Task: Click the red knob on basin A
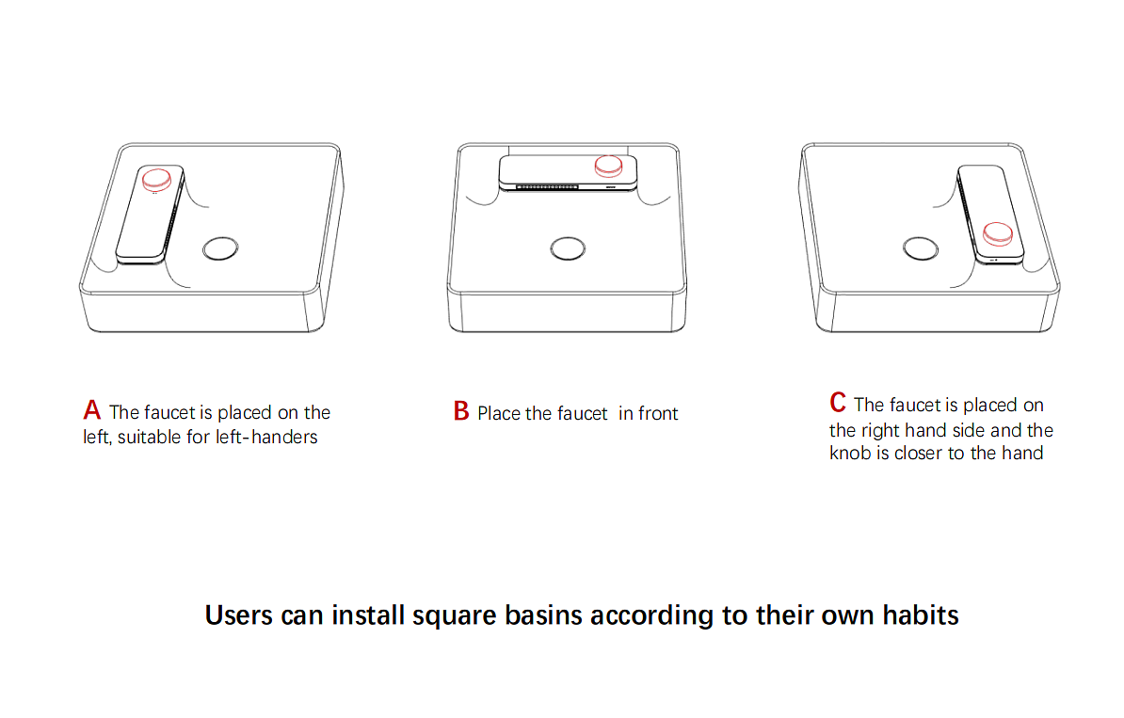tap(156, 179)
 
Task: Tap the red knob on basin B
tap(608, 166)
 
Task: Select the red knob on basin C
tap(997, 232)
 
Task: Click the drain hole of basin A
tap(220, 248)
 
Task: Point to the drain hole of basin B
tap(568, 248)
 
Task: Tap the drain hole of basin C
tap(921, 248)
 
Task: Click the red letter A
tap(91, 410)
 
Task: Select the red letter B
tap(461, 411)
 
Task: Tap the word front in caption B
tap(658, 413)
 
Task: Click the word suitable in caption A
tap(149, 438)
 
